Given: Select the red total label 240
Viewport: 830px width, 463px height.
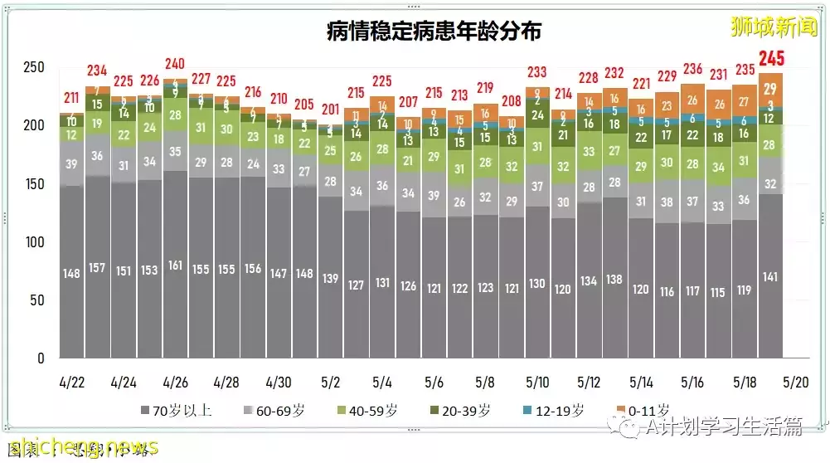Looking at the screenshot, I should [175, 64].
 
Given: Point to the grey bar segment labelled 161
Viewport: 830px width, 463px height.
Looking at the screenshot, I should [175, 266].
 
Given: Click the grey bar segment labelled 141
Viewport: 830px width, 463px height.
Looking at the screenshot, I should [770, 277].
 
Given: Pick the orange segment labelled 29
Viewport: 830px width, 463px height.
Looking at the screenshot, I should [770, 90].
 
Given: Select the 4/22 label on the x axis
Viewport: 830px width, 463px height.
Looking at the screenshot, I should [71, 382].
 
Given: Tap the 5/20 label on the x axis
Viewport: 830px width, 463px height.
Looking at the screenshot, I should [796, 382].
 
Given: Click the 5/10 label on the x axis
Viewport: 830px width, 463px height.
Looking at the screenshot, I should [537, 382].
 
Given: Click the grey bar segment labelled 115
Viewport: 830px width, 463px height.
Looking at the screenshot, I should [719, 293].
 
